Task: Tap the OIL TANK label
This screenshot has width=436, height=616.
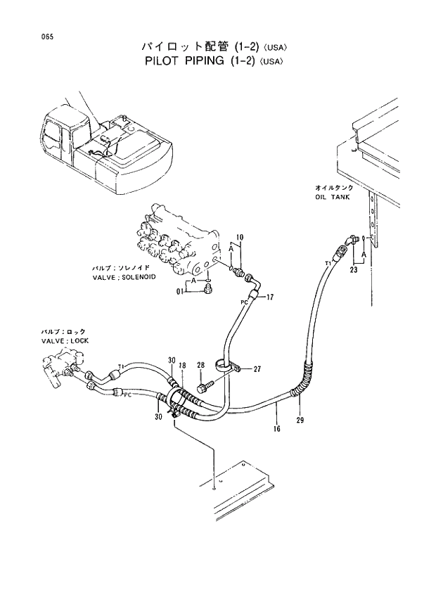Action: tap(332, 198)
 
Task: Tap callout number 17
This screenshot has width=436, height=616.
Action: tap(269, 297)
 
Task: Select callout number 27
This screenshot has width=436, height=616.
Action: tap(257, 368)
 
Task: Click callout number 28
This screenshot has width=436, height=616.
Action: tap(200, 365)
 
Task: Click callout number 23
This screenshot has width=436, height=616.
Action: tap(354, 268)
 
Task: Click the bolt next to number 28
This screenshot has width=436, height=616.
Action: tap(206, 386)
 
